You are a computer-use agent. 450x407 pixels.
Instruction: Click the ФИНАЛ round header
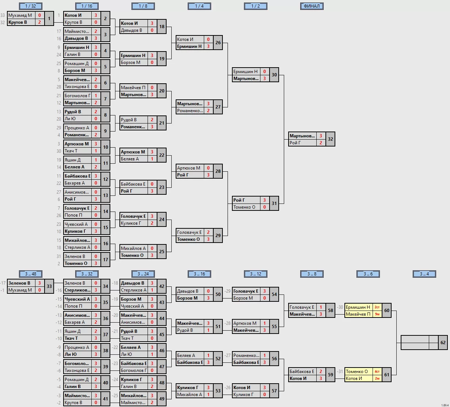pos(312,6)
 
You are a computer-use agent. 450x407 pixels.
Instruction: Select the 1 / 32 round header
pos(31,6)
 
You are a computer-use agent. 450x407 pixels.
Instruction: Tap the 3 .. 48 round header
pos(31,274)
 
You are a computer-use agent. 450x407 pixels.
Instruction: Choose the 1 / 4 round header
pos(199,6)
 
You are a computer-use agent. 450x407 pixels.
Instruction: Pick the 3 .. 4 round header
pos(424,274)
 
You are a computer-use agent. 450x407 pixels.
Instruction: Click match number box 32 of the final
pos(330,139)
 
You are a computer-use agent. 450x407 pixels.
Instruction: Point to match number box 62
pos(443,343)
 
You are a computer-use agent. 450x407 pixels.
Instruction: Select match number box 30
pos(274,75)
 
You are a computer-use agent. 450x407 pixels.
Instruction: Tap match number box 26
pos(218,43)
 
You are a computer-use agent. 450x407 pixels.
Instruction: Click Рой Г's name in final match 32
pos(302,143)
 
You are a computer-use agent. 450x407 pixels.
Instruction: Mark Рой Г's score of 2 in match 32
pos(321,143)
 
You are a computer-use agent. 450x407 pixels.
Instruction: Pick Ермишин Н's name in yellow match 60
pos(358,307)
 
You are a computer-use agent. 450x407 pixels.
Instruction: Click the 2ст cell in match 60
pos(377,307)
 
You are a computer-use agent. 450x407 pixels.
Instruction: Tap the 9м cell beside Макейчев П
pos(377,314)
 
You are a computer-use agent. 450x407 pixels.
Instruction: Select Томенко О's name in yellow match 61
pos(358,372)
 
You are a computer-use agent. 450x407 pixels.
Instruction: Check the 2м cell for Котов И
pos(377,379)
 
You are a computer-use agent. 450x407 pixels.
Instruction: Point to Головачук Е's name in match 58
pos(302,307)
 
